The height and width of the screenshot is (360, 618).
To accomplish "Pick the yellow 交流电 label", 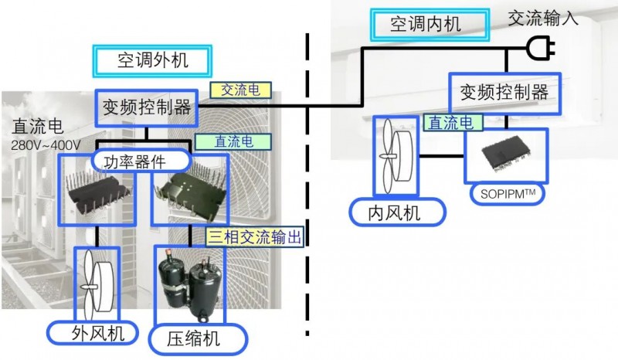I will (x=240, y=90).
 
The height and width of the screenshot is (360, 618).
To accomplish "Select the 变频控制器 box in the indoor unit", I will (x=504, y=92).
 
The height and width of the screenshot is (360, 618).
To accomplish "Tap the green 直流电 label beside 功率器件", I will (x=234, y=141).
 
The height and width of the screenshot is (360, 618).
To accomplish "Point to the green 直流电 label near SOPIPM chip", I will (x=454, y=122).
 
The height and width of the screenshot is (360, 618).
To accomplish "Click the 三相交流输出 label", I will (x=256, y=236).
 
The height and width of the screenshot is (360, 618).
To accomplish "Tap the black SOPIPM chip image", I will (x=505, y=155).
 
